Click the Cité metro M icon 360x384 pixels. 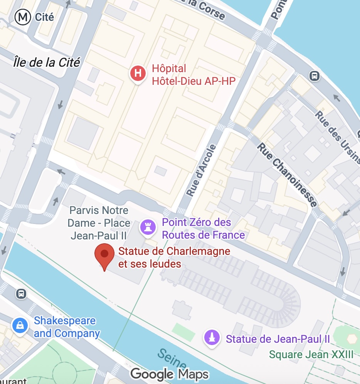[x=22, y=17]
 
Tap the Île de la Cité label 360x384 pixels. [x=46, y=62]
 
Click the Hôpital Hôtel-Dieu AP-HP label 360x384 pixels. [x=193, y=74]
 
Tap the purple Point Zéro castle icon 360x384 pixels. [x=147, y=227]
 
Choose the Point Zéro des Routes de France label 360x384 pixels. [x=203, y=229]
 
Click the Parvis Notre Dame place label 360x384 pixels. [x=99, y=223]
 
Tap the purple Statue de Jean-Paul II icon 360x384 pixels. [x=212, y=338]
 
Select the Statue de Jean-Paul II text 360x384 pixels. [x=278, y=339]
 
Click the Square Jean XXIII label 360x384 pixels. [x=311, y=354]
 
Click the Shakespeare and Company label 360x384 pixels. [x=66, y=327]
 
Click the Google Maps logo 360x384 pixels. [x=169, y=374]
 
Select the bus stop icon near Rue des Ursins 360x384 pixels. [x=315, y=76]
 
